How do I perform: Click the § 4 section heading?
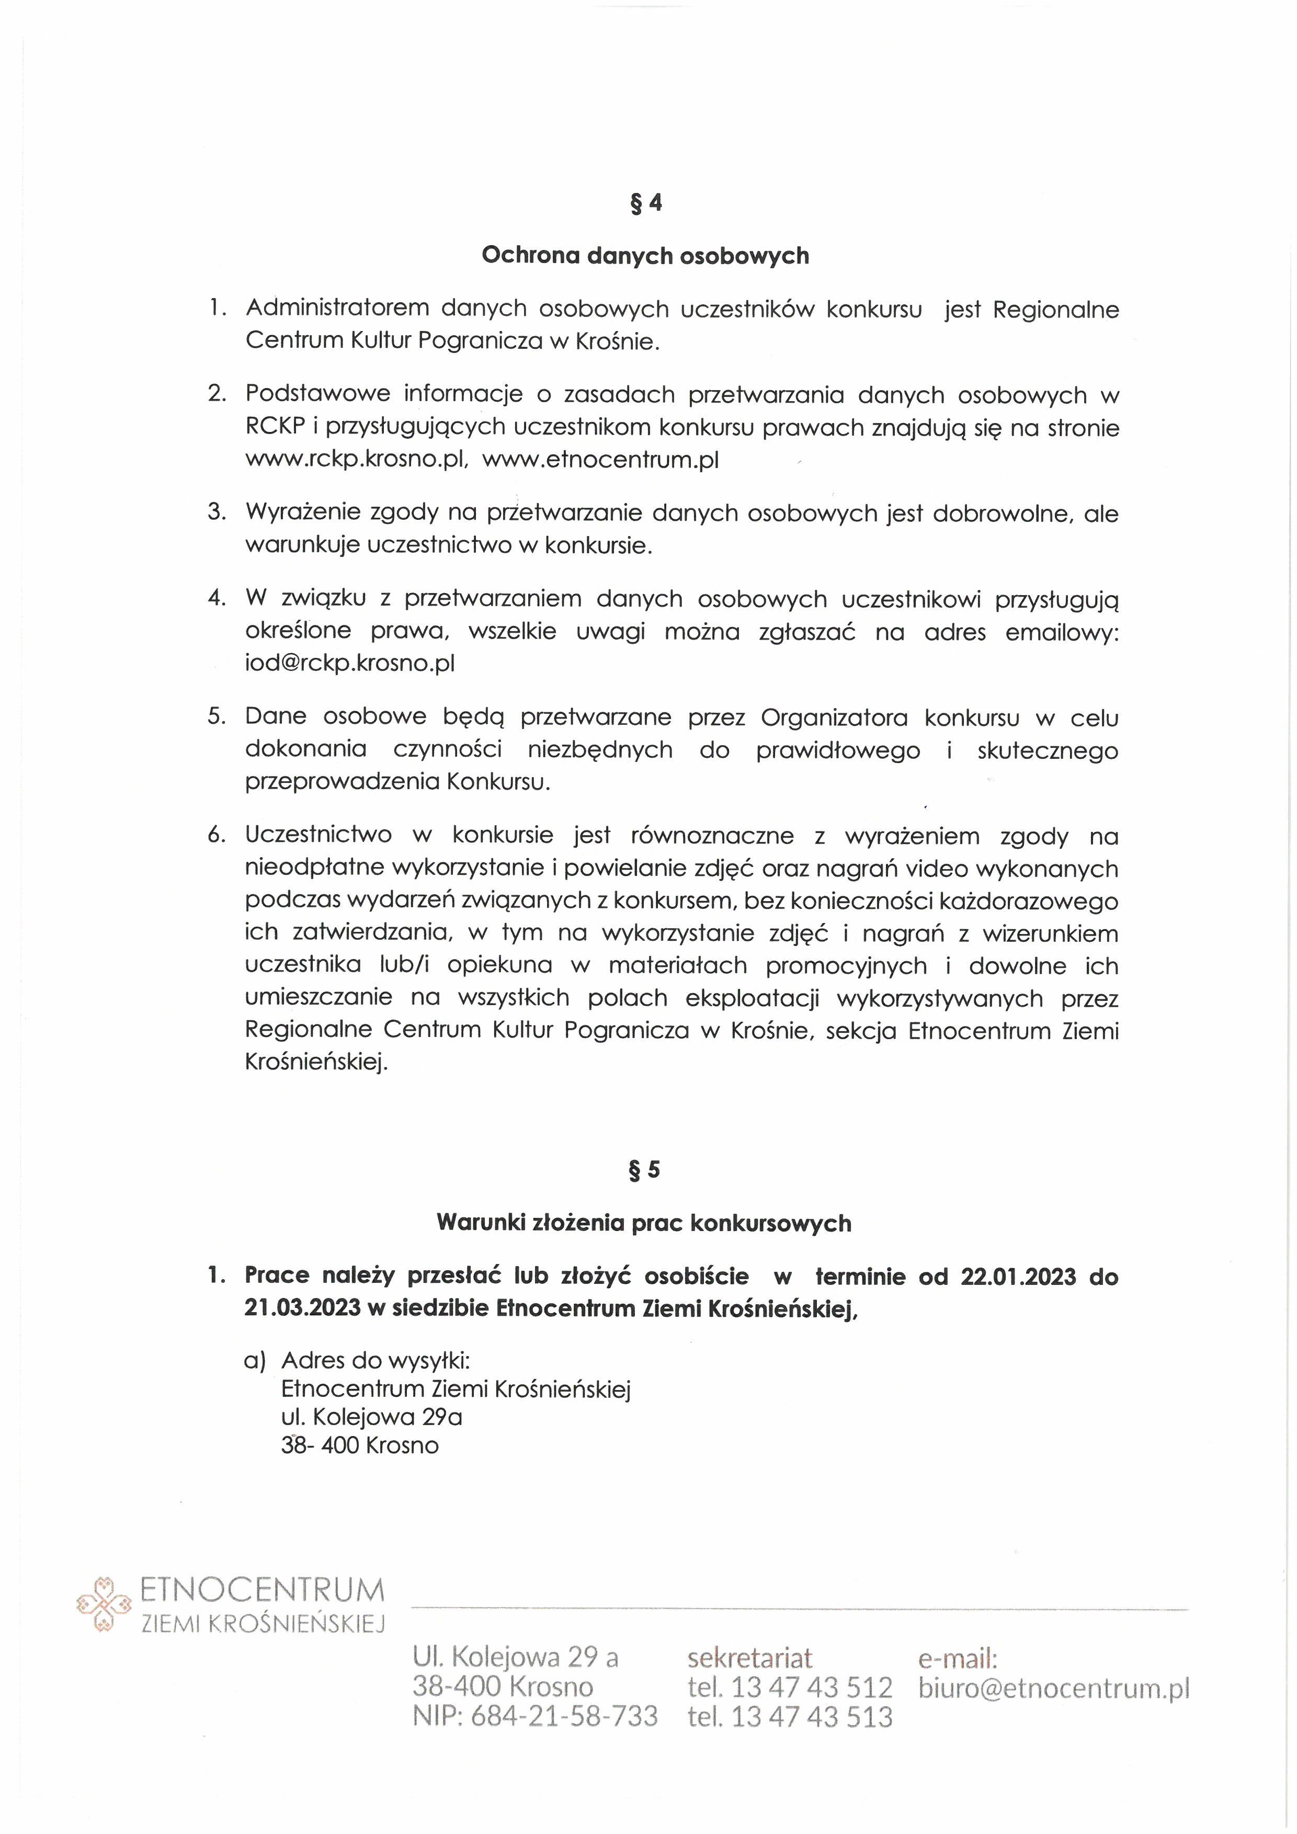(x=646, y=203)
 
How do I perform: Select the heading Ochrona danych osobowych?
(x=645, y=256)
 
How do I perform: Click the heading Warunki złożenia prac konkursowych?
(x=644, y=1223)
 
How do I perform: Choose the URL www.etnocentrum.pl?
(x=600, y=460)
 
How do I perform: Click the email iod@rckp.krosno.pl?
(x=350, y=663)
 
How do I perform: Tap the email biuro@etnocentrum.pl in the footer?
(x=1053, y=1688)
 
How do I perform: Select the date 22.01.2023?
(x=1018, y=1277)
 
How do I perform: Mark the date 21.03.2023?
(x=303, y=1308)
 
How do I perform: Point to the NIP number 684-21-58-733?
(x=564, y=1716)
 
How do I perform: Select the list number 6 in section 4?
(x=217, y=836)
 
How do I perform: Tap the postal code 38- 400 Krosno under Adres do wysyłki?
(x=359, y=1445)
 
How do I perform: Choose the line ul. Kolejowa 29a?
(x=371, y=1417)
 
